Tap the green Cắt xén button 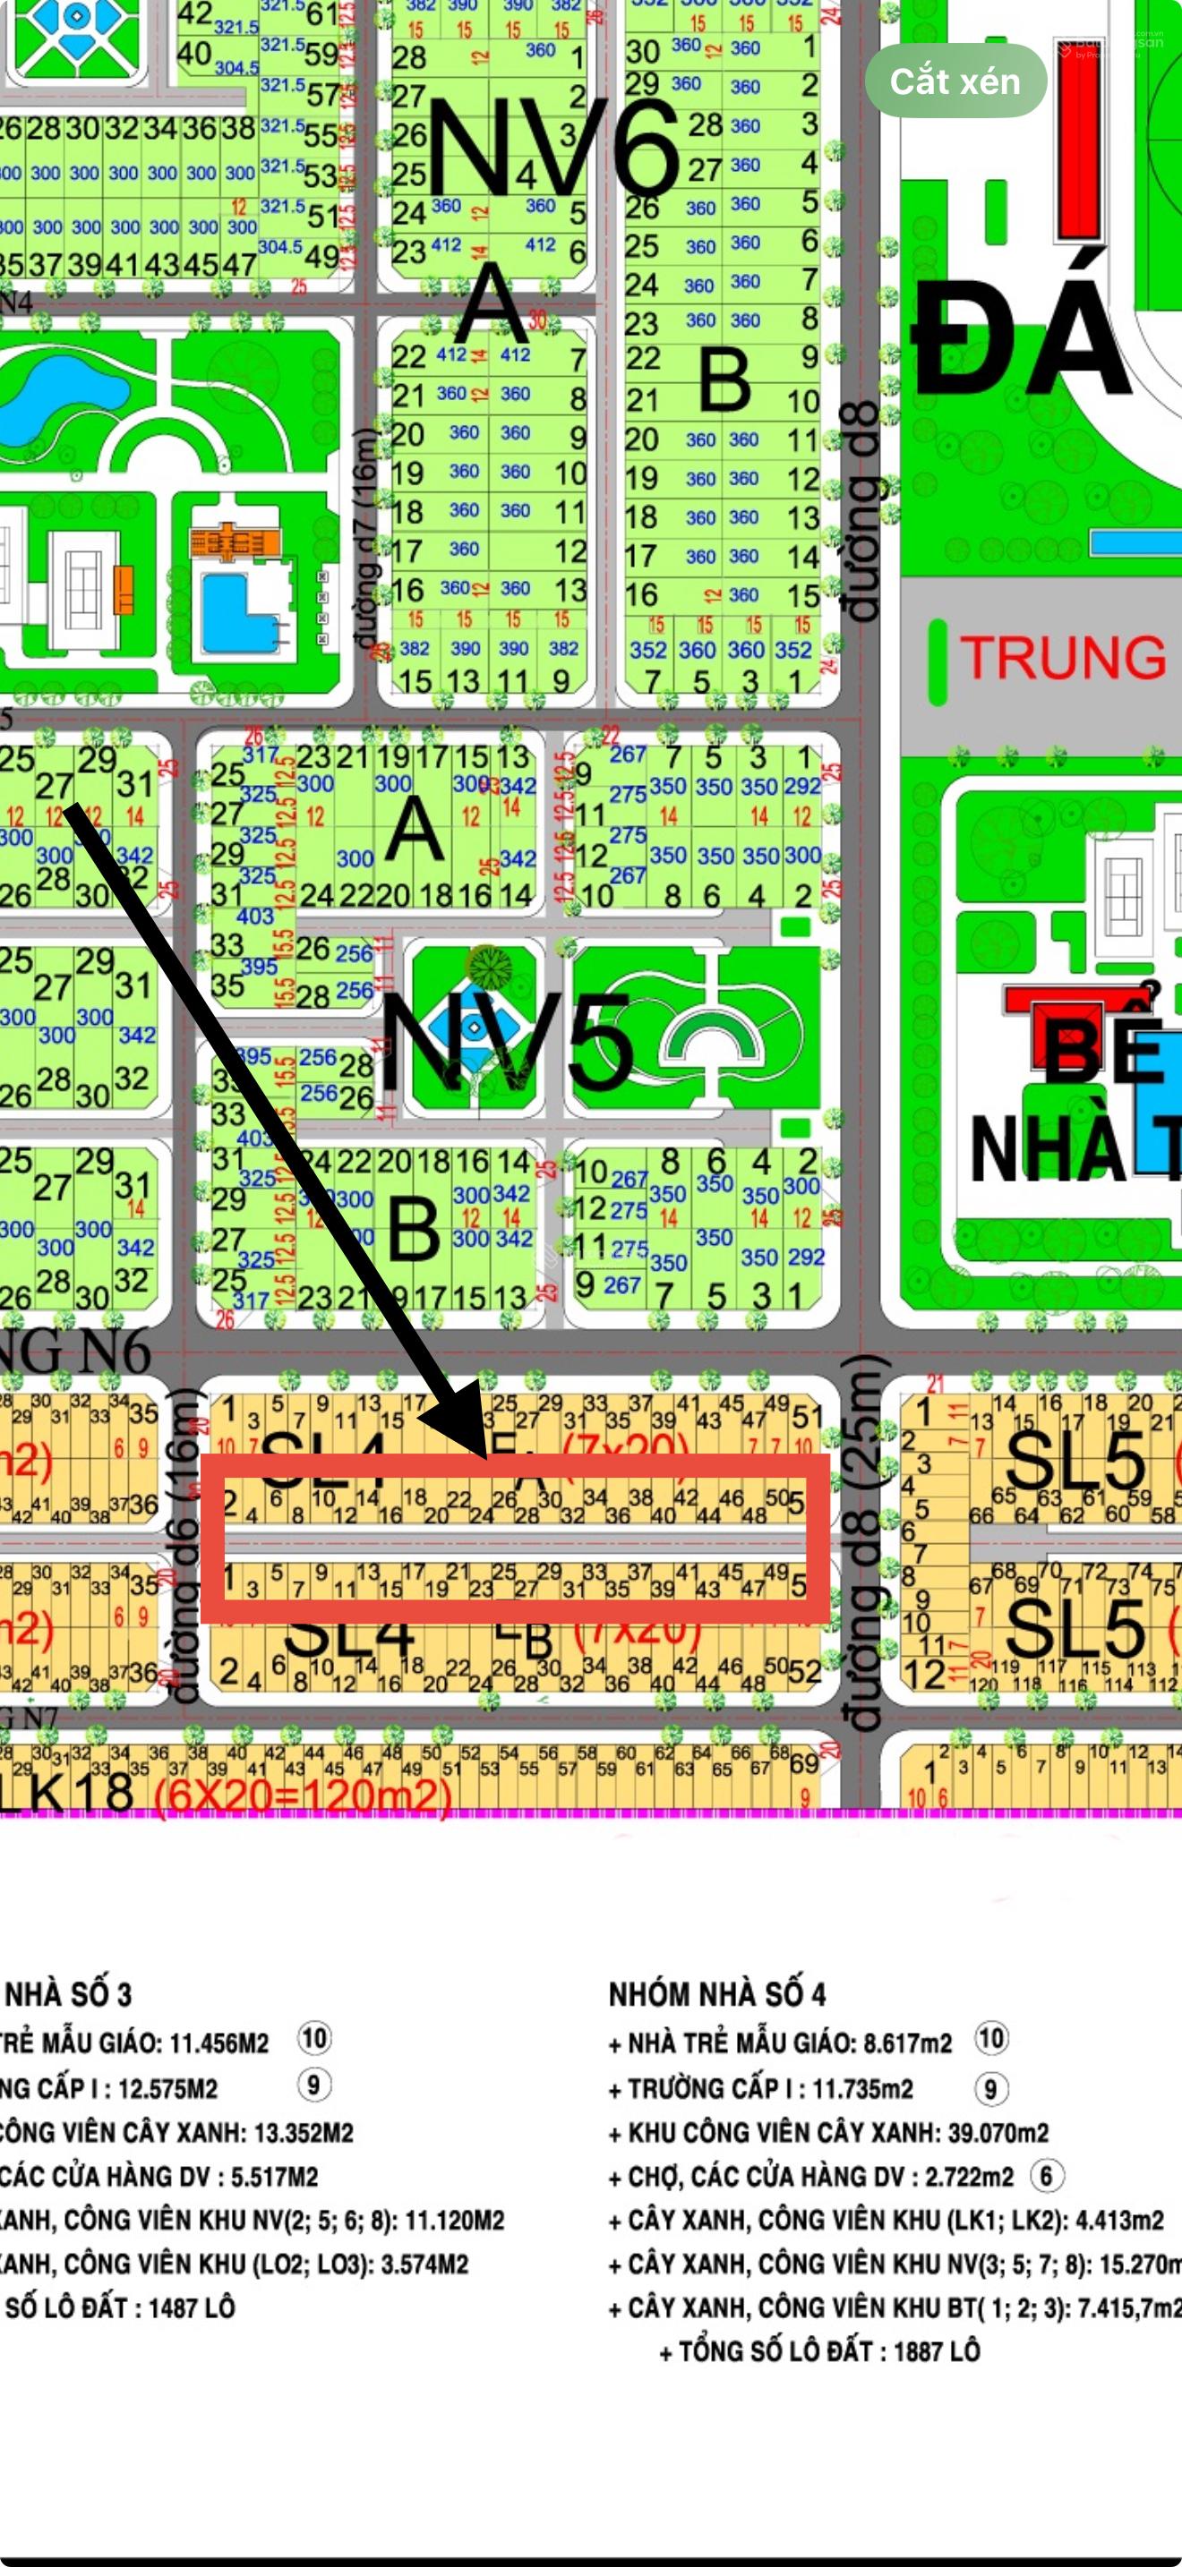[x=955, y=81]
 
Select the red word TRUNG [x=1062, y=658]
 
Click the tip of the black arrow [x=486, y=1457]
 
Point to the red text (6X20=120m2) [x=303, y=1795]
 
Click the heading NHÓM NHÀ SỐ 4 [x=716, y=1994]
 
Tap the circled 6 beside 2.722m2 [x=1046, y=2174]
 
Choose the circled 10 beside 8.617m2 [x=990, y=2038]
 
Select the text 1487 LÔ [x=192, y=2307]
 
